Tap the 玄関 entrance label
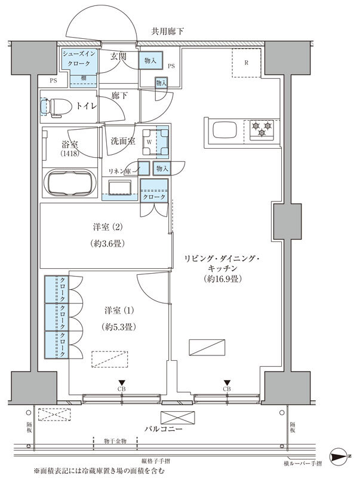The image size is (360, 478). point(118,57)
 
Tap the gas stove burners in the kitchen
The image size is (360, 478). point(261,129)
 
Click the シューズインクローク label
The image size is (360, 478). point(78,59)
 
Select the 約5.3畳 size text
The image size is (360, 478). point(116,326)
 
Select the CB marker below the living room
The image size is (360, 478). point(227,388)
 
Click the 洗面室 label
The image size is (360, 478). point(123,141)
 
